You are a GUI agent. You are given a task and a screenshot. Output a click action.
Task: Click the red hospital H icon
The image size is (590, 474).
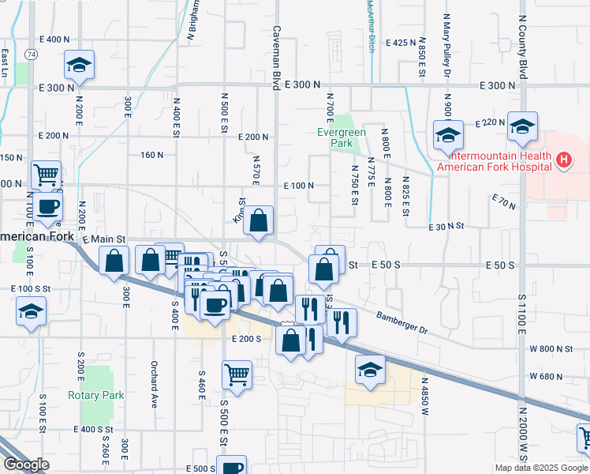click(x=563, y=160)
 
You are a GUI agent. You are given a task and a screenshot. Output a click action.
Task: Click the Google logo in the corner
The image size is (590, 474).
click(x=26, y=465)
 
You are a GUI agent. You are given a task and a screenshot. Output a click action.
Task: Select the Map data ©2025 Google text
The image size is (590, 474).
click(x=540, y=468)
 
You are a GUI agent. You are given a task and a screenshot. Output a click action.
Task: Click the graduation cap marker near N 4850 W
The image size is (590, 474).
click(x=370, y=370)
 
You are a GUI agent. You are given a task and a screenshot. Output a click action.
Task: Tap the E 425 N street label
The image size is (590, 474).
click(x=399, y=42)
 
